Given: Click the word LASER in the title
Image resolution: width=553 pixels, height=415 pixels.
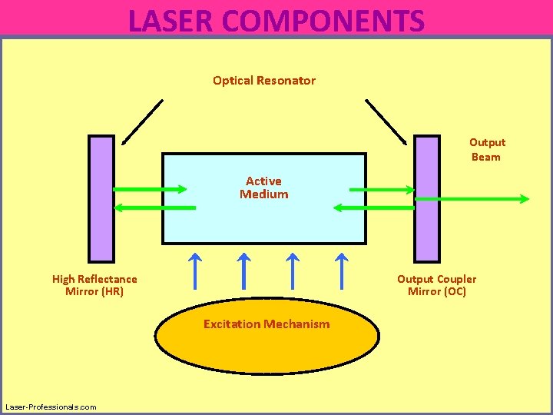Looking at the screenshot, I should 171,21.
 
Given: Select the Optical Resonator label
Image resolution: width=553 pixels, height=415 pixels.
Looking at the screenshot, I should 263,81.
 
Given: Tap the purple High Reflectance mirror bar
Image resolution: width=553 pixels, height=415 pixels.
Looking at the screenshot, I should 101,199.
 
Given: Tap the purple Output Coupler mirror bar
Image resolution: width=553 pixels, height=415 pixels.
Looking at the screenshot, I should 427,199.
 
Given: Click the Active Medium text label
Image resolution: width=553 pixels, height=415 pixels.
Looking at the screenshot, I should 263,188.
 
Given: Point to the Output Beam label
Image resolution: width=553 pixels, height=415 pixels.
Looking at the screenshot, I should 487,150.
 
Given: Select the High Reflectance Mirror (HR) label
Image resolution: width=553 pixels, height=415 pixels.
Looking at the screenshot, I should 94,285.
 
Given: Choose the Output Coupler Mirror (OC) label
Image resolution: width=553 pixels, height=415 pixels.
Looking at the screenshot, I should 436,285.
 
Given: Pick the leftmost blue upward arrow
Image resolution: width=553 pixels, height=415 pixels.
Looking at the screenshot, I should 196,269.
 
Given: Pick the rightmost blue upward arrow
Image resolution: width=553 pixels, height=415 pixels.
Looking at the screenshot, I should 342,269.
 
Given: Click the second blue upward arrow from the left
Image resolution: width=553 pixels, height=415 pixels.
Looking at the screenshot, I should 244,269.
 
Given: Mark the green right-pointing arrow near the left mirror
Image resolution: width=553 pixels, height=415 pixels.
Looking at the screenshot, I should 151,189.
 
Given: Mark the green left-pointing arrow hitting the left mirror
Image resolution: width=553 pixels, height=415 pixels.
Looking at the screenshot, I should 154,207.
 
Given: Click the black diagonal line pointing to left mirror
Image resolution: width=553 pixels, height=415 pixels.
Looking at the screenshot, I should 143,121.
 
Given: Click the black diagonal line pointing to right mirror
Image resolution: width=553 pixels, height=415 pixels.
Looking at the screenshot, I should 386,121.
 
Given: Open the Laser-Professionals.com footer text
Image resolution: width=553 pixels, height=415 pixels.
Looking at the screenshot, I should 51,407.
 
